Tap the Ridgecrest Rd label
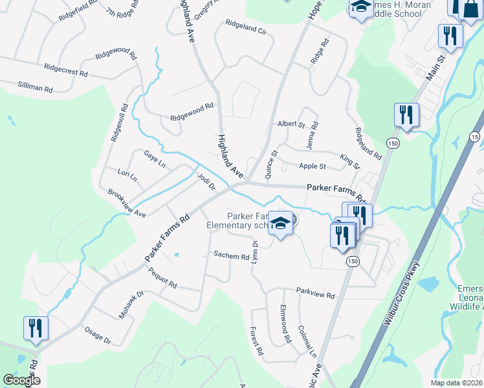pyautogui.click(x=65, y=69)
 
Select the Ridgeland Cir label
pyautogui.click(x=246, y=27)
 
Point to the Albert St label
pyautogui.click(x=291, y=124)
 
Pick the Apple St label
pyautogui.click(x=313, y=166)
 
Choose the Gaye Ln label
pyautogui.click(x=155, y=158)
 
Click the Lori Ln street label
pyautogui.click(x=127, y=175)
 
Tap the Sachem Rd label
pyautogui.click(x=231, y=256)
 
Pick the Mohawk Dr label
pyautogui.click(x=130, y=304)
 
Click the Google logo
pyautogui.click(x=21, y=380)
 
